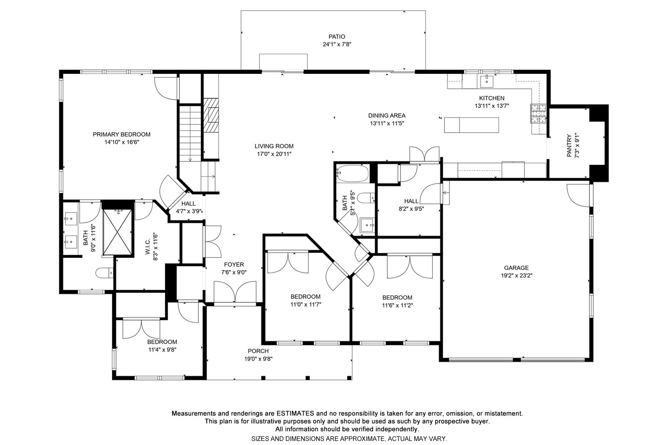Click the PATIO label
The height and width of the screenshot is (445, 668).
click(x=337, y=37)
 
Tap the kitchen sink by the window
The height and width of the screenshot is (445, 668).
click(x=486, y=80)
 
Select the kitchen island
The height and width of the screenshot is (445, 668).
click(x=471, y=125)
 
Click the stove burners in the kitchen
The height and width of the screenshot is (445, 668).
click(x=538, y=113)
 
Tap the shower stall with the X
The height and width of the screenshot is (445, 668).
click(x=117, y=233)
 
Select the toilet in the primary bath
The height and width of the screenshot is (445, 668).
click(x=104, y=273)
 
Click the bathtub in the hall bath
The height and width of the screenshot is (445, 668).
click(x=353, y=174)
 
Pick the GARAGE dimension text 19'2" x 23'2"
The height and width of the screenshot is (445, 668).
click(x=516, y=276)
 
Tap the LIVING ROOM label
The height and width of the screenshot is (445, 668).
click(x=274, y=146)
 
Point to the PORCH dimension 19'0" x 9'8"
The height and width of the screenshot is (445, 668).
click(x=258, y=359)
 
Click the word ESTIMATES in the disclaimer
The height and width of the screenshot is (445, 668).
click(x=295, y=413)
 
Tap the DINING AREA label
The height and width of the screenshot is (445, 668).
click(x=387, y=116)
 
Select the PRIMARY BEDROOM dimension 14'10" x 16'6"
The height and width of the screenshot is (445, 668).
click(x=121, y=142)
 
